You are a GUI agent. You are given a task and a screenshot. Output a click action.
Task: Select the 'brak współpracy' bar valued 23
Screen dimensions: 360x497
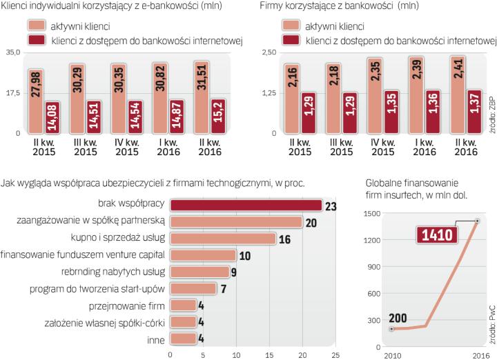tap(246, 205)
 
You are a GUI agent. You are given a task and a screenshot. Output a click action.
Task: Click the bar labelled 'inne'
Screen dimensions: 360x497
tap(183, 339)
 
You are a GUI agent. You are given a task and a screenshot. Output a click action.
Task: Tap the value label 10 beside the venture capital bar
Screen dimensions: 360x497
tap(243, 255)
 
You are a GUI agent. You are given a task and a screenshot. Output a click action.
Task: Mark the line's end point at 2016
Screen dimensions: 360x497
tap(476, 221)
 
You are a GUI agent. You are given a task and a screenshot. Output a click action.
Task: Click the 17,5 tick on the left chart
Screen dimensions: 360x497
tap(13, 92)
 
